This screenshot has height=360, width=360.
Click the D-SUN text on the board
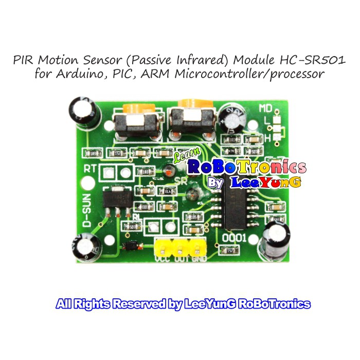[87, 211]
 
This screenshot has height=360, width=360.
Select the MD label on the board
[265, 109]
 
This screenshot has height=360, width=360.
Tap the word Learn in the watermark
[183, 156]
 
